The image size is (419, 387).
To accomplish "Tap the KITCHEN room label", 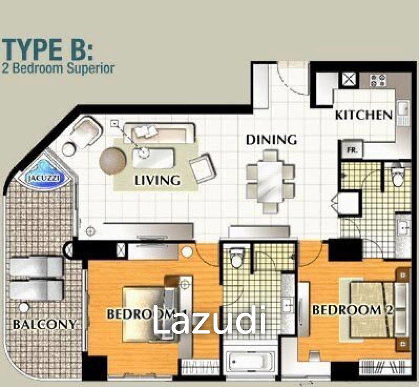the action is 364,115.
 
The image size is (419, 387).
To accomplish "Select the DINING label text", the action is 271,140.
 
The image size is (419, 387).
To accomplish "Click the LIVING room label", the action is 157,180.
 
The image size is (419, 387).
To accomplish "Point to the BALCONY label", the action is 45,325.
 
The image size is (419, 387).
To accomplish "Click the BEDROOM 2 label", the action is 352,310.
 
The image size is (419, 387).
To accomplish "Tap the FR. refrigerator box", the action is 352,150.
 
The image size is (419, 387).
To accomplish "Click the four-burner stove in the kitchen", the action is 377,80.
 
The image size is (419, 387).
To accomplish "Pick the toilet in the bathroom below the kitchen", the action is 398,176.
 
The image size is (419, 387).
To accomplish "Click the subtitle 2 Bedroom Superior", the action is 58,69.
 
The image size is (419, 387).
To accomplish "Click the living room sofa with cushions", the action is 159,133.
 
